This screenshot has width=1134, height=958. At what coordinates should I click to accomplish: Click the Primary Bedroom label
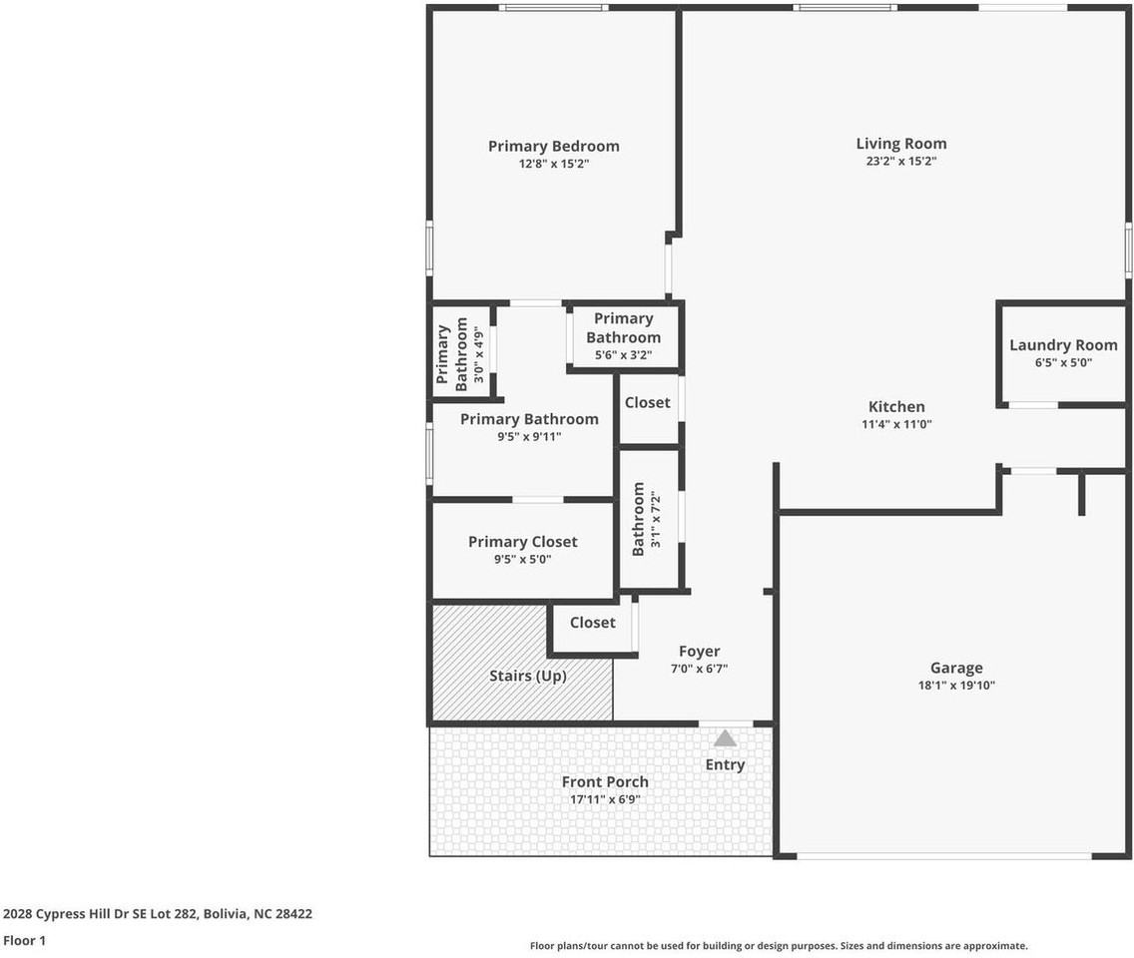click(553, 147)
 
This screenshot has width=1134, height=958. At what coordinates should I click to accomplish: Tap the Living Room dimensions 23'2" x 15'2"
click(900, 161)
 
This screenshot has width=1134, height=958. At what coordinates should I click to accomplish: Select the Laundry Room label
click(1063, 345)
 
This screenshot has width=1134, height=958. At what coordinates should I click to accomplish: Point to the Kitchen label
click(896, 406)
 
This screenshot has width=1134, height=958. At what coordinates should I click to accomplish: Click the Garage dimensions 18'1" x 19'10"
click(955, 686)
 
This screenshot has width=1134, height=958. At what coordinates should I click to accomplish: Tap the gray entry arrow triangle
click(725, 738)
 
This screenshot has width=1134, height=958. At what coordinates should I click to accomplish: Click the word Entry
click(725, 764)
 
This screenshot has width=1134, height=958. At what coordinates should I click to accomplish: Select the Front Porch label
click(604, 781)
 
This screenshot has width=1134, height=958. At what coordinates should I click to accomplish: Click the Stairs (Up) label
click(527, 676)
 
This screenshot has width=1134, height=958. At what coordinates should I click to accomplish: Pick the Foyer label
click(699, 652)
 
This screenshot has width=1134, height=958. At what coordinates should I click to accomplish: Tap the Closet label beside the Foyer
click(592, 622)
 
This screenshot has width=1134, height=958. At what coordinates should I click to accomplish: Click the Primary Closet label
click(522, 542)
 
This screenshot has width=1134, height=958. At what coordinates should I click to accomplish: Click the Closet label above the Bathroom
click(647, 402)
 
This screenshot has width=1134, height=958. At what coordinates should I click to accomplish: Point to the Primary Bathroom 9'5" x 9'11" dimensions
click(529, 436)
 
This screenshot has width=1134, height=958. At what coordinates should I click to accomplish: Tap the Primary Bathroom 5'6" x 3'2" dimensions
click(623, 353)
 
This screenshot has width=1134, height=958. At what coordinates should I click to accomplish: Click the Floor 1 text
click(24, 940)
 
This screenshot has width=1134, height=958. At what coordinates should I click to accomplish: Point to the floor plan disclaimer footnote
click(778, 946)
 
